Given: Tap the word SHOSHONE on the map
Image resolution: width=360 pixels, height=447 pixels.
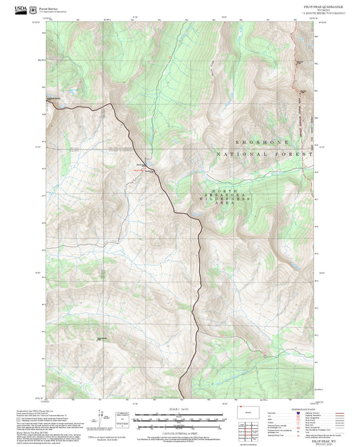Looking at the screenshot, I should [262, 142].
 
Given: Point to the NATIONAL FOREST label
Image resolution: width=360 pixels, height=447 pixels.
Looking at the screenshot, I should [265, 155].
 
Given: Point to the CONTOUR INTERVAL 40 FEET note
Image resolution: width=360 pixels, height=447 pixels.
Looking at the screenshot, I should [179, 433].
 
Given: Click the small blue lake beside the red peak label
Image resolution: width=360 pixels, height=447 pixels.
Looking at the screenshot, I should [146, 167].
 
